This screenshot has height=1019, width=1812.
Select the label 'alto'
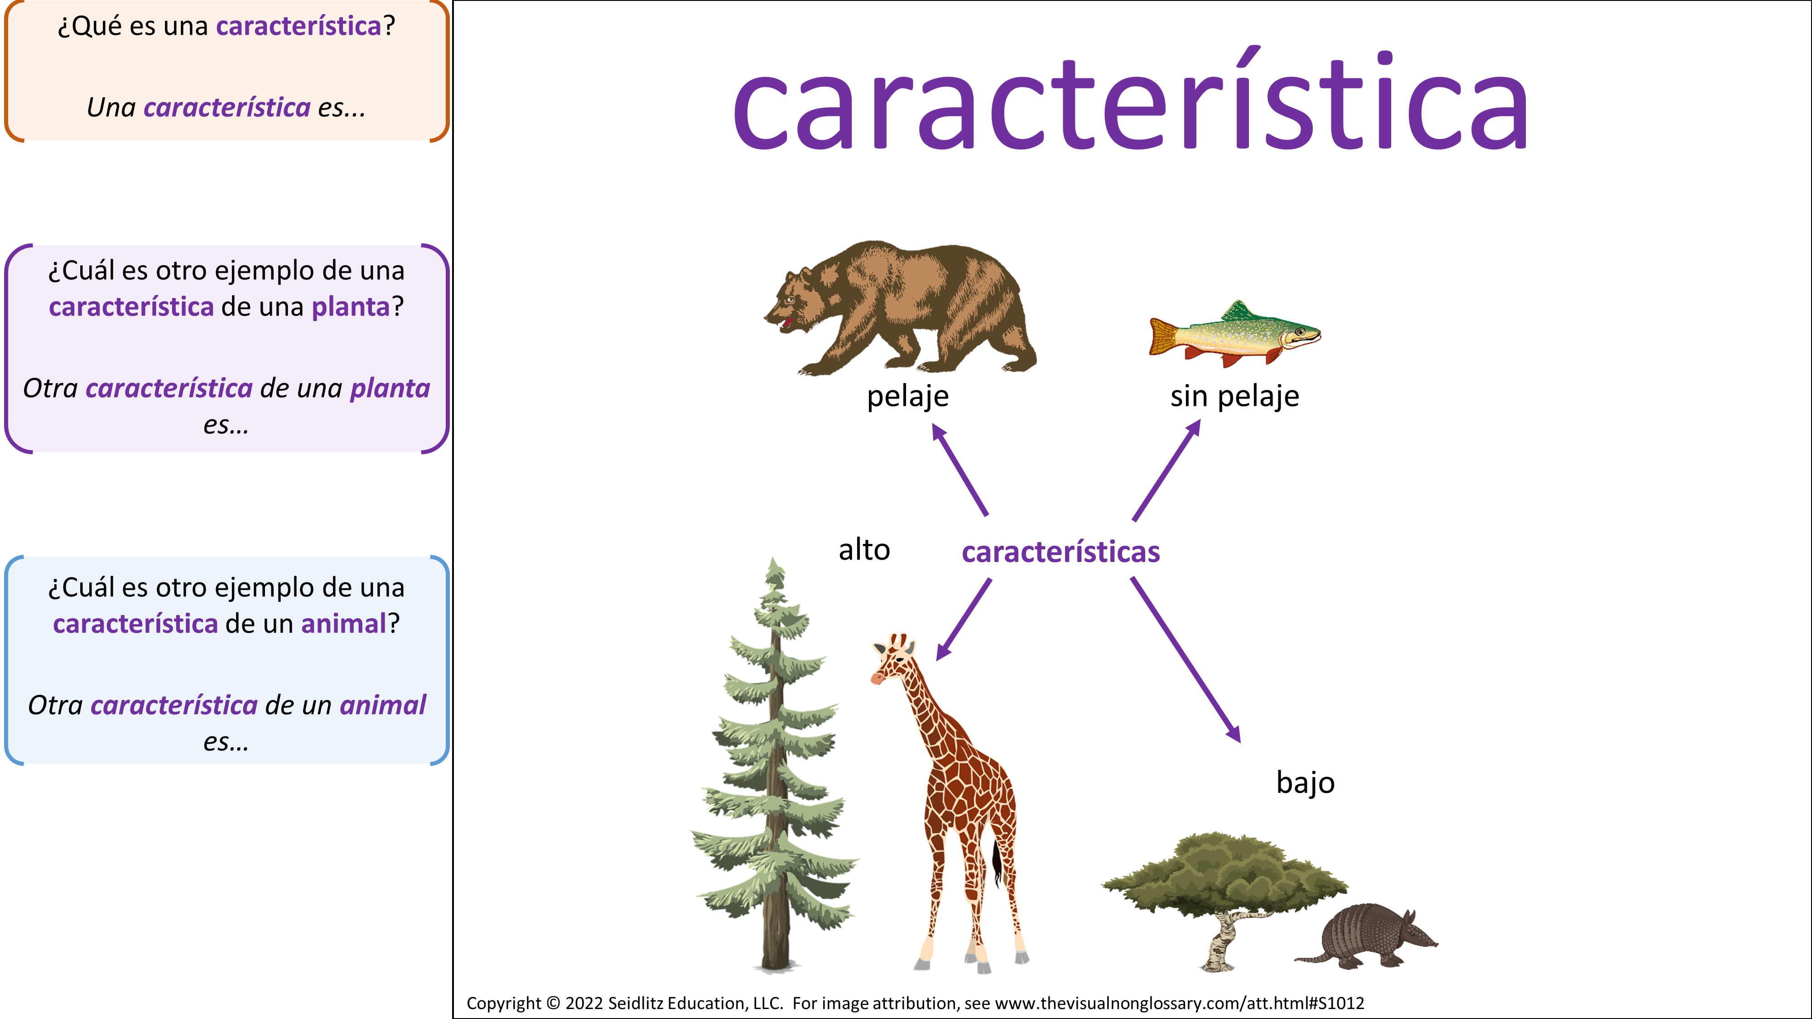[864, 549]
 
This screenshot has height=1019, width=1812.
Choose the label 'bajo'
[1306, 782]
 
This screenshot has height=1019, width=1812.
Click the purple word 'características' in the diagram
[1061, 552]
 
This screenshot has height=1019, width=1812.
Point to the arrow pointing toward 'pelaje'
[960, 469]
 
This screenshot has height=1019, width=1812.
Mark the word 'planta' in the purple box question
[350, 307]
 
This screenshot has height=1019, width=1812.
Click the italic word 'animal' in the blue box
[383, 705]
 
